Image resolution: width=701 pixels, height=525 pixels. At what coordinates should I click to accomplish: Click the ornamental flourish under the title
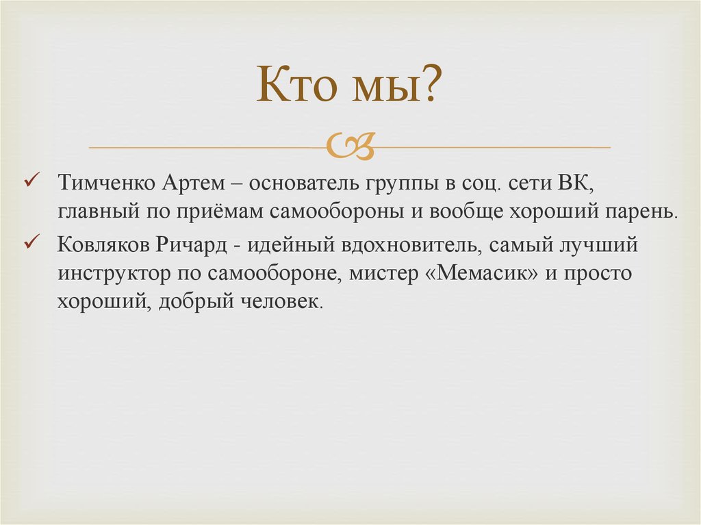pos(350,146)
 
